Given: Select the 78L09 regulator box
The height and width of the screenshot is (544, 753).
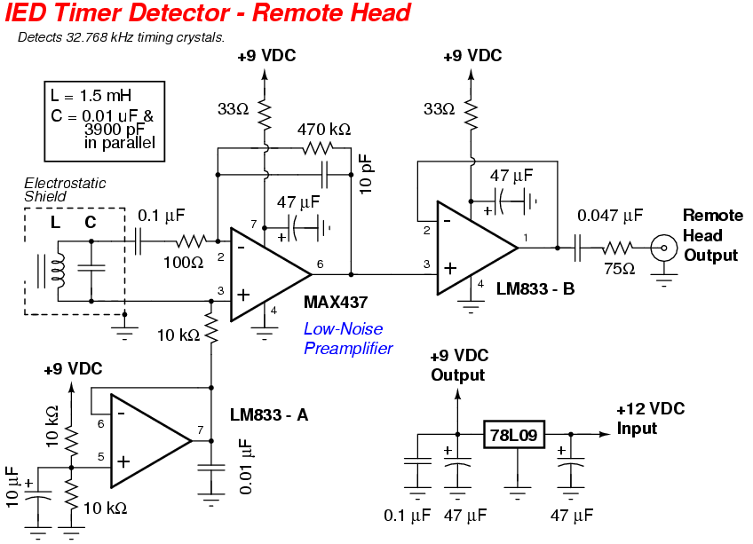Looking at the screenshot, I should (x=514, y=435).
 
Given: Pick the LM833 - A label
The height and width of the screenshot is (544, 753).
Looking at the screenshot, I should (x=269, y=414).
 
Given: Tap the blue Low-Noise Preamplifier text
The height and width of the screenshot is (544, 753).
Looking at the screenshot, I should (x=346, y=338).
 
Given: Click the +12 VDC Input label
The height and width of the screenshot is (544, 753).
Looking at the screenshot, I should (x=650, y=418).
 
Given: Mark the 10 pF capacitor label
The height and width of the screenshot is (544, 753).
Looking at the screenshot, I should (x=368, y=173).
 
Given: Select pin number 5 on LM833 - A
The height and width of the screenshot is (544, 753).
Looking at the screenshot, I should (x=101, y=458).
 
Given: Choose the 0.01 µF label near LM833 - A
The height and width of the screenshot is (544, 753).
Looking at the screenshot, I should (x=246, y=466).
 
